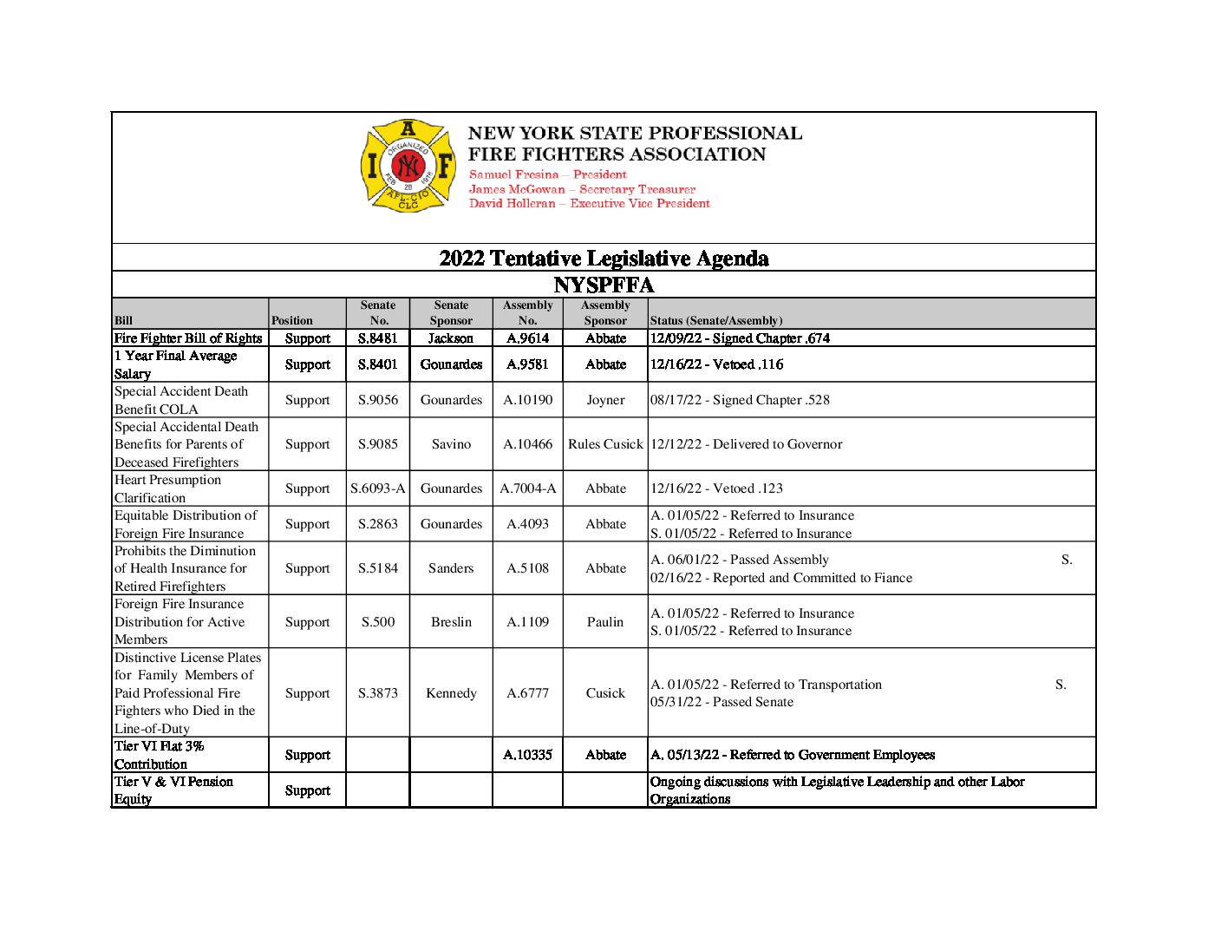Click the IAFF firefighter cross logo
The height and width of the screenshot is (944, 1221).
408,166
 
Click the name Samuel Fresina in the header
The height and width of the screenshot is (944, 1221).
513,174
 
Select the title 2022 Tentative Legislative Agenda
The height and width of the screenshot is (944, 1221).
604,258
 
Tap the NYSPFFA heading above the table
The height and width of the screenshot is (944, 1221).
604,285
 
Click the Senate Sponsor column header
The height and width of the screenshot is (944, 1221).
451,313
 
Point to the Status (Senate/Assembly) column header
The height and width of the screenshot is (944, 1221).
716,320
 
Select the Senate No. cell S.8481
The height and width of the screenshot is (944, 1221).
378,338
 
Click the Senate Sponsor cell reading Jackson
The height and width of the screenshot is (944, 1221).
451,338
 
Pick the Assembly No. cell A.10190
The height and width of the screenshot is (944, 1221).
527,400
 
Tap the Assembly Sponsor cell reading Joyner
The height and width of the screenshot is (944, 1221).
605,400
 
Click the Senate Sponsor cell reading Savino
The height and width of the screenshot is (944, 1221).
451,444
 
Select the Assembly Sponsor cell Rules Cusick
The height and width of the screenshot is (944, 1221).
605,444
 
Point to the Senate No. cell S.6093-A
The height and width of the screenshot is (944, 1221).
378,488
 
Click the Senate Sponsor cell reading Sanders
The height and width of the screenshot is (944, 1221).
451,568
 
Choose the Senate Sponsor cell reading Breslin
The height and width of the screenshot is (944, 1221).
451,622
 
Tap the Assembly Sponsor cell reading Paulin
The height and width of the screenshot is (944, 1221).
605,622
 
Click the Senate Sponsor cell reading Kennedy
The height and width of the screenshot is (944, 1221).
451,693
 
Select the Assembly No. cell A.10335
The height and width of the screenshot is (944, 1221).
527,755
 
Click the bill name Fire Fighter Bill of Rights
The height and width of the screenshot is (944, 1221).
188,338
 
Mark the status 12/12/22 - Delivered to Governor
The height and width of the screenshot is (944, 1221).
747,444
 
